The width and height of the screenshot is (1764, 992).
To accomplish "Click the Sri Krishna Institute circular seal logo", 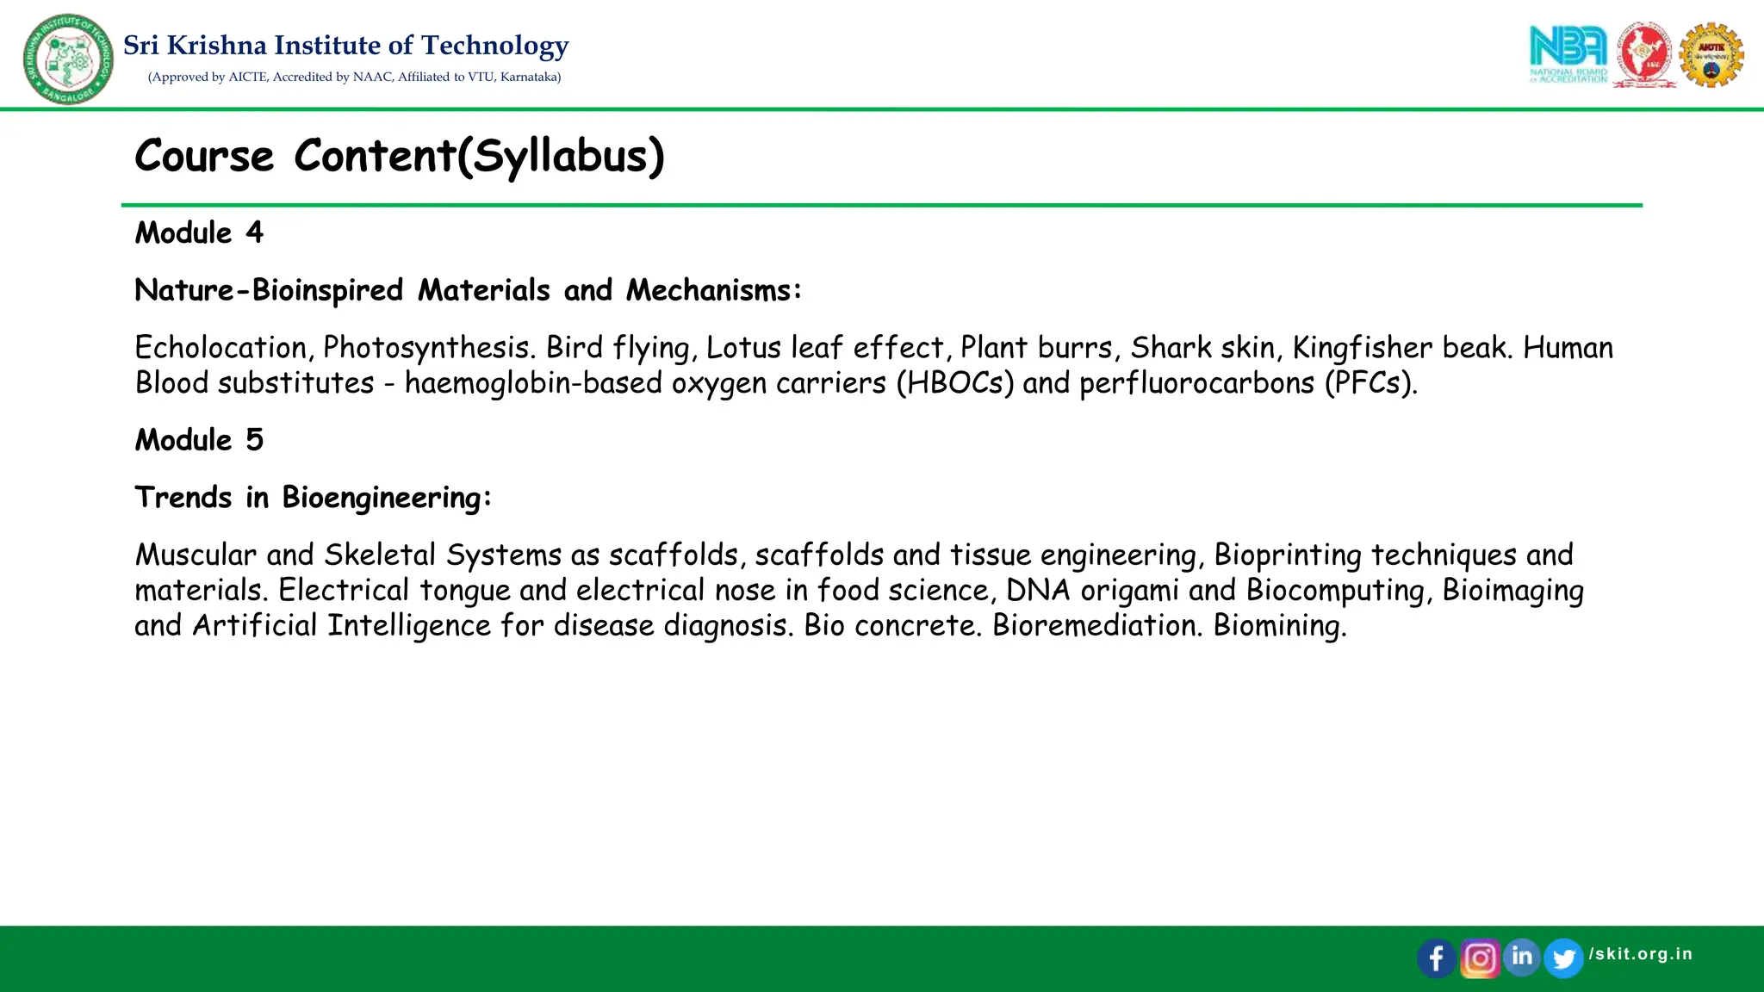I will [68, 59].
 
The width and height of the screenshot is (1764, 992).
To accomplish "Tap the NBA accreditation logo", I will [1568, 53].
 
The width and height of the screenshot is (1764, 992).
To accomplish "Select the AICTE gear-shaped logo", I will [1711, 55].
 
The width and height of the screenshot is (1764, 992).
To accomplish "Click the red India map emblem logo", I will [1644, 55].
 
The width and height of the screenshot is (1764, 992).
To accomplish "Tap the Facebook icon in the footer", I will [1436, 958].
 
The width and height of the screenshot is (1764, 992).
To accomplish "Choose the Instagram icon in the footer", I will [1480, 958].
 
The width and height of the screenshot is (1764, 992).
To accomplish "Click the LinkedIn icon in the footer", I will [1522, 957].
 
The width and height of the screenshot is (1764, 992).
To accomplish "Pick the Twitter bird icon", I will [1563, 958].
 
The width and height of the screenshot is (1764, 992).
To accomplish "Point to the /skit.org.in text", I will [1641, 954].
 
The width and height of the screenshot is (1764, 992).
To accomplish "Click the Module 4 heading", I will [199, 232].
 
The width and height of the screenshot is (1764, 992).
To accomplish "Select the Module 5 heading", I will [199, 440].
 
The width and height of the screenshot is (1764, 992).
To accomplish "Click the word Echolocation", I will [220, 348].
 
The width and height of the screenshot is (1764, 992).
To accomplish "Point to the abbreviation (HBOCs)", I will [955, 383].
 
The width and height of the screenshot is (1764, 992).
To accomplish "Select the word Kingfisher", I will [1363, 348].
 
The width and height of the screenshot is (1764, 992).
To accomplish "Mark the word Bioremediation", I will [1096, 625].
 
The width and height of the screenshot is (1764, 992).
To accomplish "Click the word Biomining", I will [1279, 625].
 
